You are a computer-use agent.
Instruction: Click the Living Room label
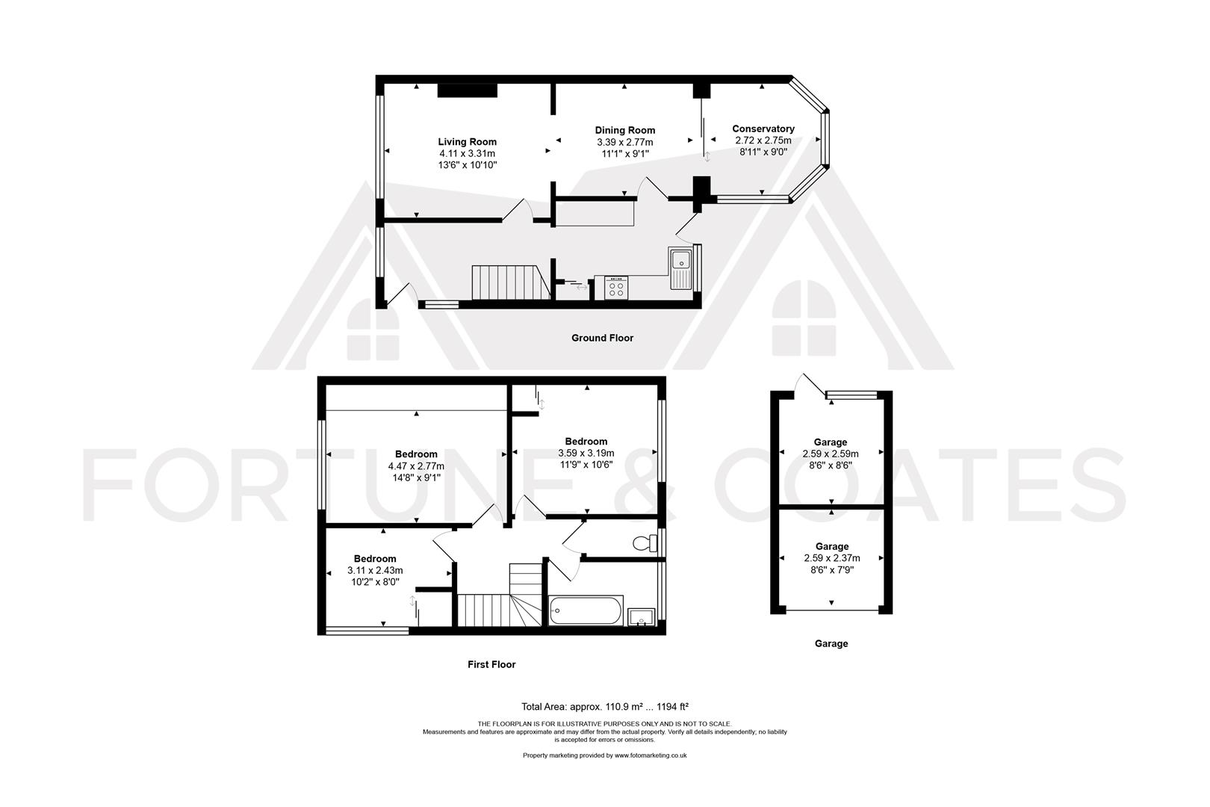point(467,142)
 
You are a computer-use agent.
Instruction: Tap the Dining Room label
point(624,131)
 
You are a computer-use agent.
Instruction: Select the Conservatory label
point(763,129)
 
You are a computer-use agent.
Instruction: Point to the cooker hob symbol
point(616,288)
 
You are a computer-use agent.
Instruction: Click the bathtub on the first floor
point(586,610)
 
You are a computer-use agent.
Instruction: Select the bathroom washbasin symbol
point(641,617)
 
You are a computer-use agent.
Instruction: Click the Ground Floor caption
point(602,338)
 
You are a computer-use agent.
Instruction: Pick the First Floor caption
point(491,664)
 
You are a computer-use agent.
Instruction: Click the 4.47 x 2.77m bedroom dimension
point(416,466)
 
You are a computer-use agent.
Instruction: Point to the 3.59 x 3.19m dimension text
point(586,453)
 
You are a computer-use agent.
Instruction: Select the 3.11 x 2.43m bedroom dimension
point(375,571)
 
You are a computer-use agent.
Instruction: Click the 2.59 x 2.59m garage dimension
point(831,454)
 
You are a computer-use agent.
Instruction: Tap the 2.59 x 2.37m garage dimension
point(831,558)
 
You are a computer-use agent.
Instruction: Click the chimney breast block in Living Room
point(467,90)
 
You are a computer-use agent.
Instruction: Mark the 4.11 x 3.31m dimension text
point(467,153)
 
